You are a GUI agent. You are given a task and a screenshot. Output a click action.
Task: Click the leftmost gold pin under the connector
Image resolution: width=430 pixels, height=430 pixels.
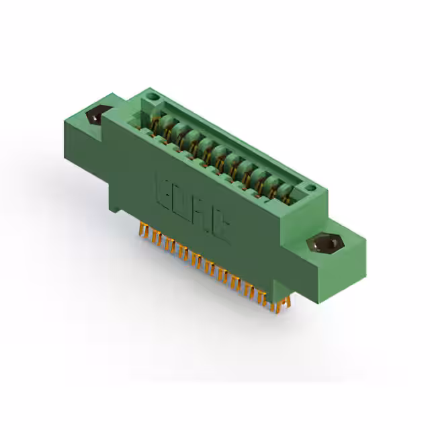(143, 232)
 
